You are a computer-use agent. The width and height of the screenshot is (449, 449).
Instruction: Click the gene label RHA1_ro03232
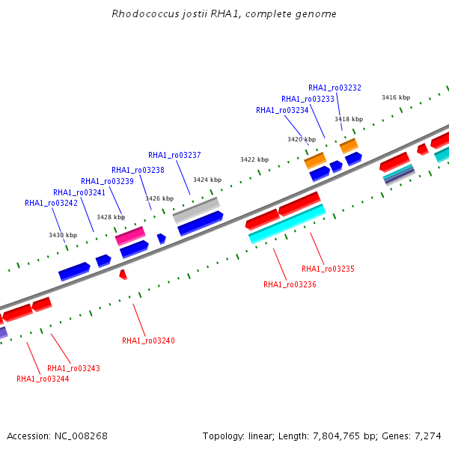(335, 88)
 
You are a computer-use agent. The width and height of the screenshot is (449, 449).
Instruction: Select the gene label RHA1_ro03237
(174, 155)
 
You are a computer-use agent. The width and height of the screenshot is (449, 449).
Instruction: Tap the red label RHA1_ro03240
(148, 340)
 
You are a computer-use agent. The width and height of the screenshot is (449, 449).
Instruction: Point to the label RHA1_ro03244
(43, 379)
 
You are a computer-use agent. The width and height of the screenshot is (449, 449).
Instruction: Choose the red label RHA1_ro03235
(328, 269)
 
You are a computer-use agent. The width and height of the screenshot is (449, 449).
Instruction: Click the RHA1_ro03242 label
(51, 203)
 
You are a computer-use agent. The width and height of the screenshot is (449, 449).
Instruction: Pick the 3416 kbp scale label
(396, 97)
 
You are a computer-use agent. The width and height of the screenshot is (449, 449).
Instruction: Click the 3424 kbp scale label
(207, 180)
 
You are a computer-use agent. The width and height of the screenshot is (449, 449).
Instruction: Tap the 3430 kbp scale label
(63, 235)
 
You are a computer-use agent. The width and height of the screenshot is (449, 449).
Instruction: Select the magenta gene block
(130, 236)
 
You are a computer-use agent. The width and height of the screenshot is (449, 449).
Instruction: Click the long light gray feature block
(196, 210)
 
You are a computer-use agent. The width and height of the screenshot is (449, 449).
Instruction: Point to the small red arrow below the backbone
(123, 275)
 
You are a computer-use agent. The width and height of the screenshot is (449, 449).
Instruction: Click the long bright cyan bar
(287, 224)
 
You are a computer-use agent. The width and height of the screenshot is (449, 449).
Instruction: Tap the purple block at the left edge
(4, 333)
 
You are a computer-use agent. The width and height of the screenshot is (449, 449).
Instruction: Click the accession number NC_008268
(81, 436)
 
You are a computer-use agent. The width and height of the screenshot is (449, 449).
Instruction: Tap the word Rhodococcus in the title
(145, 13)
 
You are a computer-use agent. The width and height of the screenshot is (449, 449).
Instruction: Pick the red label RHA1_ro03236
(290, 284)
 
